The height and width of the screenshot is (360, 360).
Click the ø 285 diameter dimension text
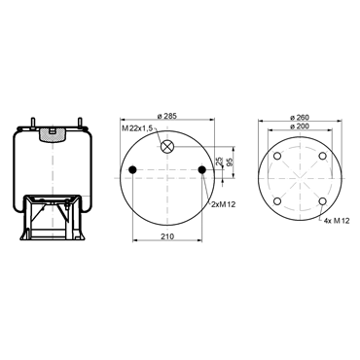pyautogui.click(x=167, y=116)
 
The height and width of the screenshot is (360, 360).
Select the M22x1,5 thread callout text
pyautogui.click(x=137, y=128)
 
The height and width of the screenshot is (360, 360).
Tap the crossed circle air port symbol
pyautogui.click(x=167, y=147)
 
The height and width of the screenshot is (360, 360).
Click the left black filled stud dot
pyautogui.click(x=132, y=169)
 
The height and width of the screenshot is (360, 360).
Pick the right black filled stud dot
pyautogui.click(x=201, y=169)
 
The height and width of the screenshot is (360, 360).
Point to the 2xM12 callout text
pyautogui.click(x=223, y=204)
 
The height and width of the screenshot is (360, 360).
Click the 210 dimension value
pyautogui.click(x=167, y=236)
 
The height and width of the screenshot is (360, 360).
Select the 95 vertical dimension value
pyautogui.click(x=230, y=162)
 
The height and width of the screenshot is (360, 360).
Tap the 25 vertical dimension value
pyautogui.click(x=219, y=162)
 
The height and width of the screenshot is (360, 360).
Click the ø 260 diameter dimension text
pyautogui.click(x=300, y=117)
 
